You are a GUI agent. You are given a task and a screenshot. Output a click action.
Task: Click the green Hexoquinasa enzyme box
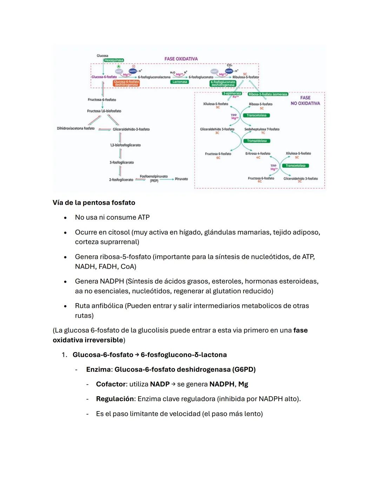pos(114,60)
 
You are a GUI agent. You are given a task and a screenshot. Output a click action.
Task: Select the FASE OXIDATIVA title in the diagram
pos(181,59)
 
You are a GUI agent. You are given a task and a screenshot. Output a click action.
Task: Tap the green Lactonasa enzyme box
pos(180,82)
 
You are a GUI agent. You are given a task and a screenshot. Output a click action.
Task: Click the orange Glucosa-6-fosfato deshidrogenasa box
pos(126,83)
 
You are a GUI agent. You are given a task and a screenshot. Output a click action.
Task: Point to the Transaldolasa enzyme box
pos(257,141)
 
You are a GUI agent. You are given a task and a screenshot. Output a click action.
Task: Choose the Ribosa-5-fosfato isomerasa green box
pos(268,94)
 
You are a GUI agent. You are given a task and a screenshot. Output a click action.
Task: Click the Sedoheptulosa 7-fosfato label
pos(262,129)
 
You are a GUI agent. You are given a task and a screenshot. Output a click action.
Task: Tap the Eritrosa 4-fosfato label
pos(258,153)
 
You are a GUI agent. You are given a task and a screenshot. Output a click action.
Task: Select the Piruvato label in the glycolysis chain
pos(181,179)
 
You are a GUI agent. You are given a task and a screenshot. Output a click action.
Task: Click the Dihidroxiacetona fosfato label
pos(76,128)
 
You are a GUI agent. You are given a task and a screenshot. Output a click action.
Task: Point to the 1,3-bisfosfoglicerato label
pos(125,145)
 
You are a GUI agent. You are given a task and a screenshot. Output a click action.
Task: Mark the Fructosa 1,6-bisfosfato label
pos(104,111)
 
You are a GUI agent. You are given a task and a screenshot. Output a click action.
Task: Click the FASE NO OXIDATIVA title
pos(305,101)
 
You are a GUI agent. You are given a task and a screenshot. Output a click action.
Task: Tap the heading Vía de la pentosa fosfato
pos(94,203)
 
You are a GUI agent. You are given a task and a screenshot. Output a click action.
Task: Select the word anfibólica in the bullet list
pos(107,306)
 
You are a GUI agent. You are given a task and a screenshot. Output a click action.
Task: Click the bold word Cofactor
pos(111,384)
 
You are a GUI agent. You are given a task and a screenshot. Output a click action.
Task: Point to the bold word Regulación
pos(115,399)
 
